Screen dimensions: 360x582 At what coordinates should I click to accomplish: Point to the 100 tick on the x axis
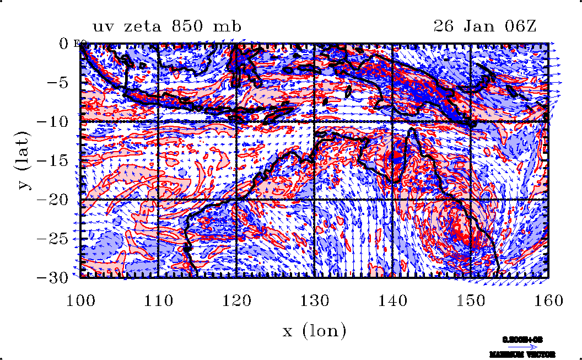pos(80,301)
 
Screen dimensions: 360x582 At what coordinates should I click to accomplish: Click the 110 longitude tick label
pos(159,301)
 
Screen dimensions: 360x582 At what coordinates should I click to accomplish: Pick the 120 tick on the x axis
pos(236,301)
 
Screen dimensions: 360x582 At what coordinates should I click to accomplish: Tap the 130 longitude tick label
pos(314,301)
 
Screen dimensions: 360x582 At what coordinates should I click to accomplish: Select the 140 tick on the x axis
pos(392,301)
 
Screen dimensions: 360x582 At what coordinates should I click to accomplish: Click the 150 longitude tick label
pos(470,301)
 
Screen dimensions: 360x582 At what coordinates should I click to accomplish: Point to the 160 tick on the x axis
pos(547,301)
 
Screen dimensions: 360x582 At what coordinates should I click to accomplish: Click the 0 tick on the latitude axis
pos(63,43)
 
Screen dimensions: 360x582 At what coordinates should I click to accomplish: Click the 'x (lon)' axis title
pos(314,331)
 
